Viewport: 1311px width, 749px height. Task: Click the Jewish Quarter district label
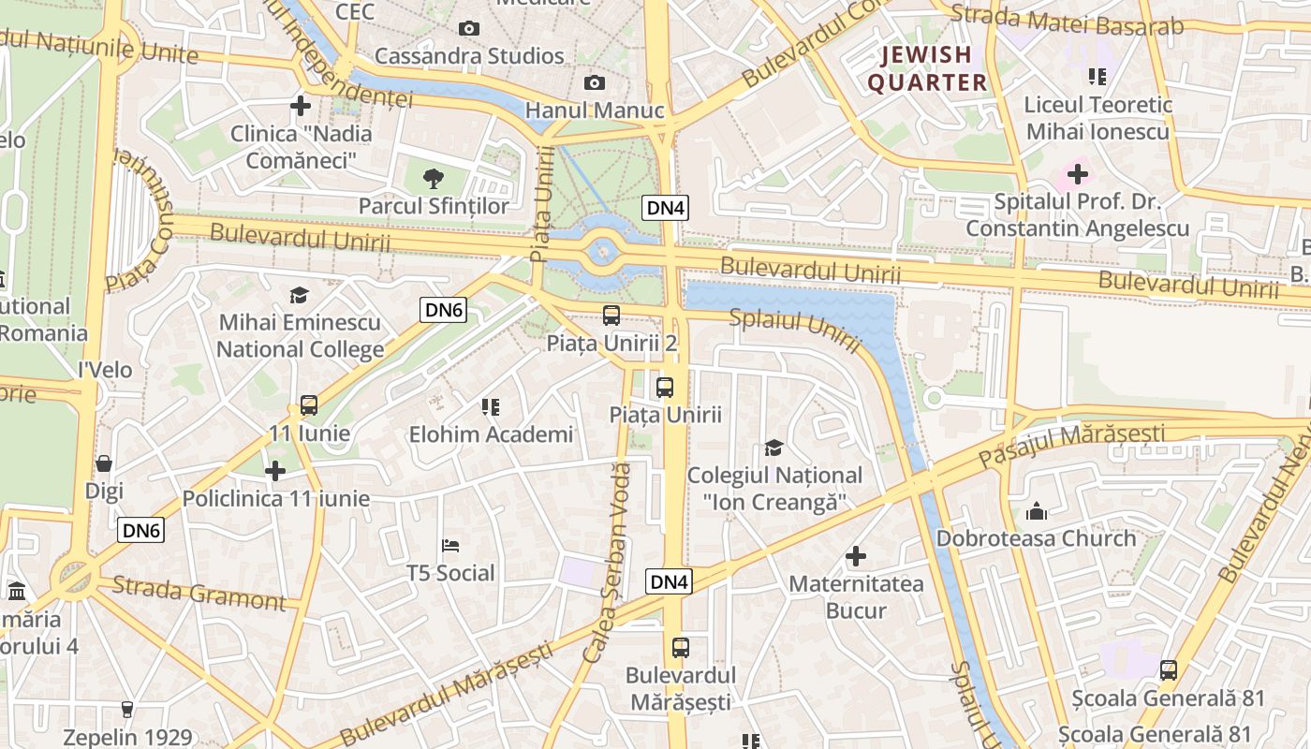(x=927, y=68)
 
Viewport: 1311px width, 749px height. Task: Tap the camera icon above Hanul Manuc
(x=594, y=83)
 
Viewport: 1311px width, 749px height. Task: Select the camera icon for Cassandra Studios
(x=469, y=29)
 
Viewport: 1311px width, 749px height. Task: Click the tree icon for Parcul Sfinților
(x=433, y=178)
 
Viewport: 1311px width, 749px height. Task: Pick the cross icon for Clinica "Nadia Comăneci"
(x=301, y=106)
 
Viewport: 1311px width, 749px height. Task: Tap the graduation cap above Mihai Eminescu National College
(x=299, y=295)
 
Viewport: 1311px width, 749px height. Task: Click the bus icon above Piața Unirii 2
(x=611, y=316)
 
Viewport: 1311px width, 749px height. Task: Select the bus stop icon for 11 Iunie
(x=309, y=405)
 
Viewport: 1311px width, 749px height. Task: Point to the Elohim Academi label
(x=491, y=434)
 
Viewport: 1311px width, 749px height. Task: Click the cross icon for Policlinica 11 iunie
(x=275, y=471)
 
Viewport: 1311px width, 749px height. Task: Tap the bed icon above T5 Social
(x=450, y=545)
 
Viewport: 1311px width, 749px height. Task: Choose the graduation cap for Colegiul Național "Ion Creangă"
(x=773, y=448)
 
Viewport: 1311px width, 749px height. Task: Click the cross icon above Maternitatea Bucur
(x=856, y=557)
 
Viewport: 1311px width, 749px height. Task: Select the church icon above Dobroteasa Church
(x=1036, y=511)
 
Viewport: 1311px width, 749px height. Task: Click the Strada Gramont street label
(x=199, y=594)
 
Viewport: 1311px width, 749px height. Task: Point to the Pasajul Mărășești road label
(x=1071, y=445)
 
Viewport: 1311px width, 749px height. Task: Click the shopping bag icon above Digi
(x=104, y=463)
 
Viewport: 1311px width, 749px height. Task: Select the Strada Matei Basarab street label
(x=1067, y=21)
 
